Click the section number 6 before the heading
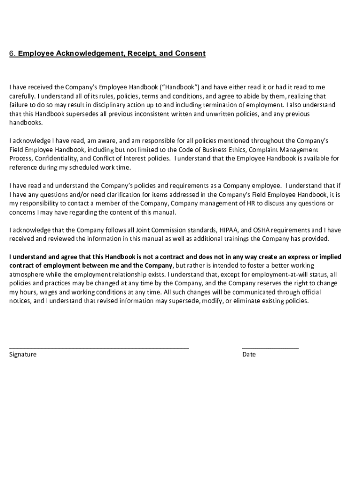pos(12,53)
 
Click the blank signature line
pos(99,348)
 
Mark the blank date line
pos(270,348)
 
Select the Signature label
pos(23,355)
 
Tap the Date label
pos(249,355)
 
